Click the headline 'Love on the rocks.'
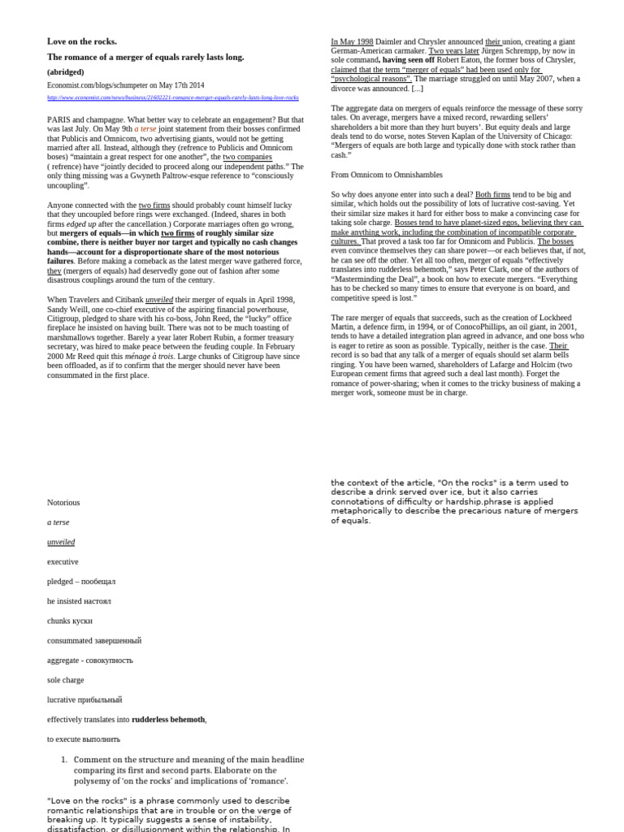(82, 41)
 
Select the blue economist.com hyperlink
(172, 97)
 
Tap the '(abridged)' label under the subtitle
(66, 71)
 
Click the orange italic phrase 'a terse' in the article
(145, 129)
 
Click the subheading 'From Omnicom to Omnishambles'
(385, 175)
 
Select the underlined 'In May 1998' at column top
(352, 41)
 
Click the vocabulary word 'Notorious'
(63, 503)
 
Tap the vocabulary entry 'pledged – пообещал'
(81, 582)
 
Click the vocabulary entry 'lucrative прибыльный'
(84, 700)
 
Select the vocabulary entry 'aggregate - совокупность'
(89, 661)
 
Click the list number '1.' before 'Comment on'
(64, 760)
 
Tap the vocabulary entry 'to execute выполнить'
(83, 739)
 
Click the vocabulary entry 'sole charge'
(65, 680)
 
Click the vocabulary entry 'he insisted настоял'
(79, 601)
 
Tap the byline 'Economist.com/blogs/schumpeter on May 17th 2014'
(125, 85)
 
